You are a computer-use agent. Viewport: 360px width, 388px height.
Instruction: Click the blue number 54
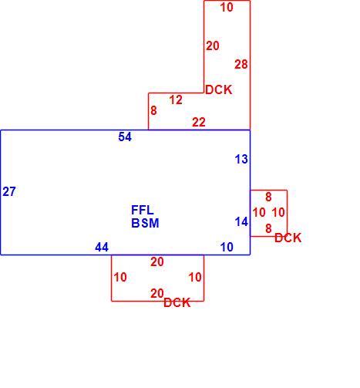pyautogui.click(x=125, y=137)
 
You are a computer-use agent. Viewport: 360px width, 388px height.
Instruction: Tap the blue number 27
pyautogui.click(x=9, y=191)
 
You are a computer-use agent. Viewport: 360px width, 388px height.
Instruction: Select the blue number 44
pyautogui.click(x=102, y=247)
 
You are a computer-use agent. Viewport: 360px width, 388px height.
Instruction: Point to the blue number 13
pyautogui.click(x=241, y=159)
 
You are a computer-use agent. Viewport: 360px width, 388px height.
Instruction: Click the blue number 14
pyautogui.click(x=241, y=221)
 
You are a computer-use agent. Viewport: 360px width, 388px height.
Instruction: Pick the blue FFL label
pyautogui.click(x=143, y=210)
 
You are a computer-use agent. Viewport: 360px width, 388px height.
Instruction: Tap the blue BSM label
pyautogui.click(x=145, y=223)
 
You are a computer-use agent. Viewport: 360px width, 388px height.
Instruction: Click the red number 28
pyautogui.click(x=241, y=64)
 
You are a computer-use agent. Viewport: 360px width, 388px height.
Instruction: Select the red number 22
pyautogui.click(x=199, y=122)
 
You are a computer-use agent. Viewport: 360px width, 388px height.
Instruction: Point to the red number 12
pyautogui.click(x=176, y=100)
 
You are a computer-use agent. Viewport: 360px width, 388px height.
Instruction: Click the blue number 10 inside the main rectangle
pyautogui.click(x=227, y=247)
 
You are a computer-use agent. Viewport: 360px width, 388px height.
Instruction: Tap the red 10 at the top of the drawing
pyautogui.click(x=227, y=7)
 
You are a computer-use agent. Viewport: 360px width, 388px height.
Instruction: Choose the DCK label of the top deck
pyautogui.click(x=219, y=89)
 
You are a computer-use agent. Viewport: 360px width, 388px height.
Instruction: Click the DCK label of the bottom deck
pyautogui.click(x=177, y=302)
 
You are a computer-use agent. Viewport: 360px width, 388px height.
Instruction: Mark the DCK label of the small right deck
pyautogui.click(x=288, y=238)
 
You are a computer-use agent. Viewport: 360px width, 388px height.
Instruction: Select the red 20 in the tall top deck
pyautogui.click(x=213, y=46)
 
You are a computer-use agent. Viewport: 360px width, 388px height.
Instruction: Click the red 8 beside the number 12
pyautogui.click(x=153, y=110)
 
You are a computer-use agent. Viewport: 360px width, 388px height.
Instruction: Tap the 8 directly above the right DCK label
pyautogui.click(x=268, y=228)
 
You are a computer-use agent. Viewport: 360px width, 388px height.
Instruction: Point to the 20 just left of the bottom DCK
pyautogui.click(x=157, y=293)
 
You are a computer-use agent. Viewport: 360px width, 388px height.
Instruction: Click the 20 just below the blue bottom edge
pyautogui.click(x=157, y=262)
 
